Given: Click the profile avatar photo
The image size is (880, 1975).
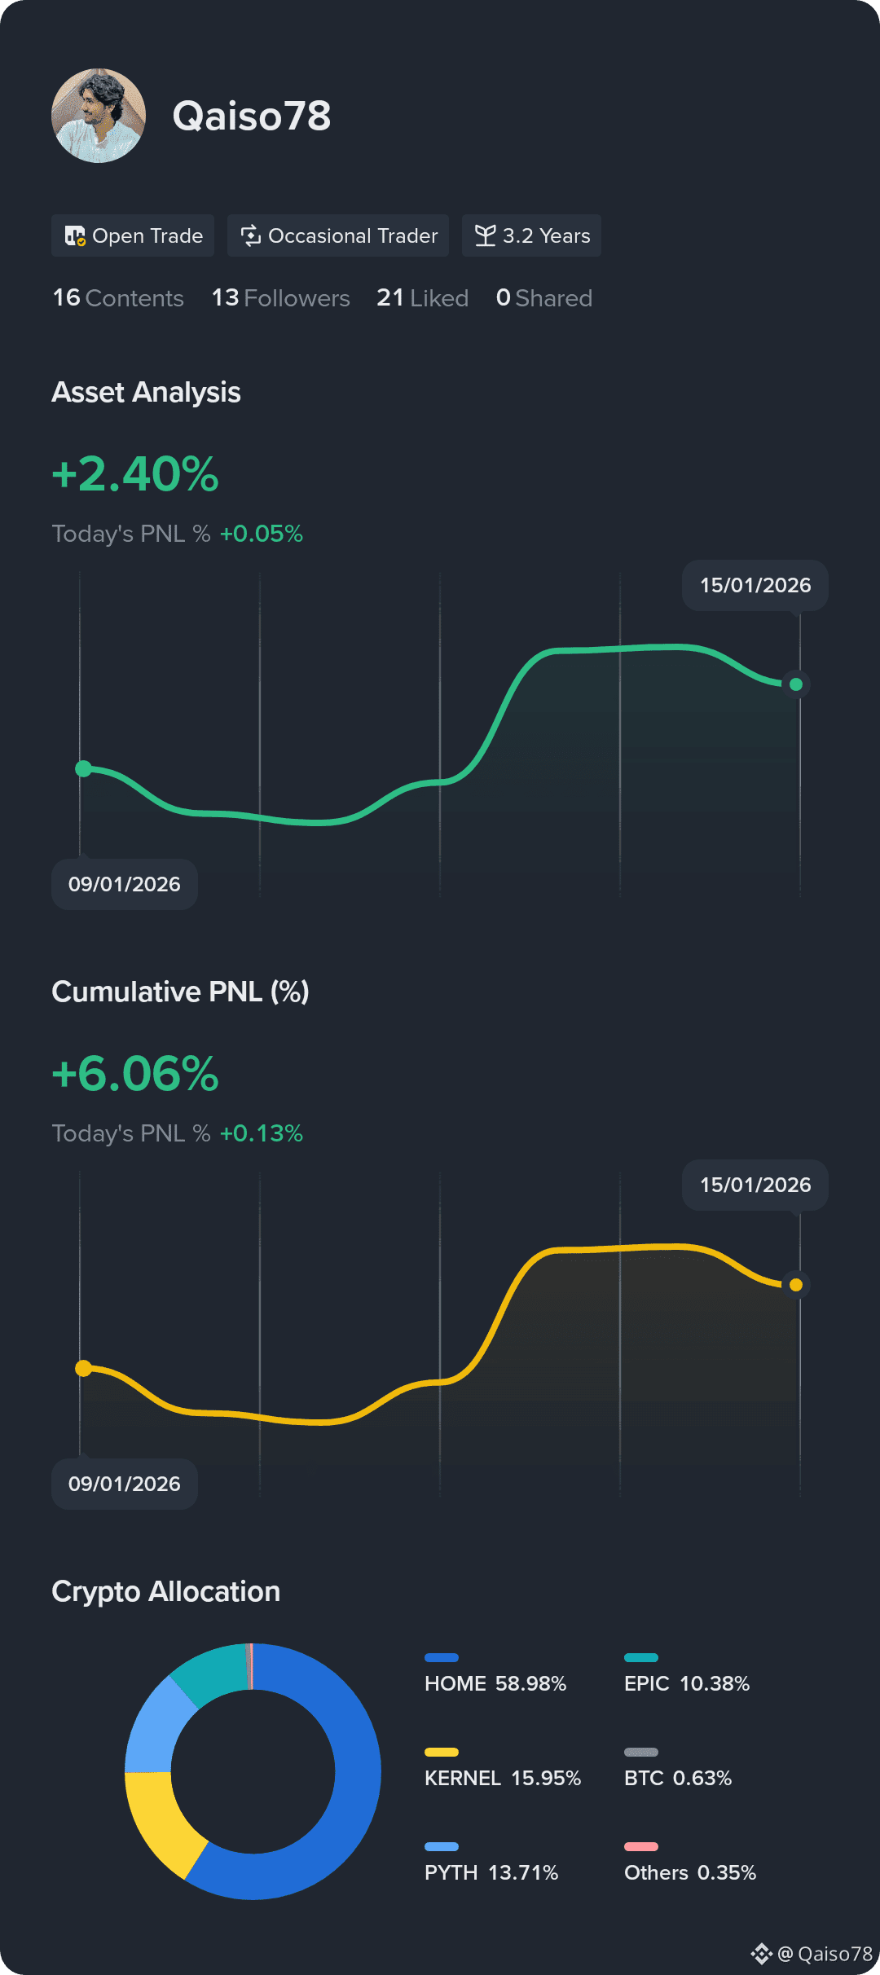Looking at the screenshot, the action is [x=99, y=116].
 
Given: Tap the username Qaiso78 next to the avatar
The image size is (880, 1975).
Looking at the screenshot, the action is [x=252, y=116].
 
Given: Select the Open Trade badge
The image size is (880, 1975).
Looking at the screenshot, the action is [x=133, y=235].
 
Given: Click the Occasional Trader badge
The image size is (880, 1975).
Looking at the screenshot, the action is [x=338, y=235].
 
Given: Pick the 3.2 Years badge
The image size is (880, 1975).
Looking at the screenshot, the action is [x=531, y=235].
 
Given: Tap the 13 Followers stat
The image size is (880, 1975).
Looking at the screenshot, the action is [x=281, y=298].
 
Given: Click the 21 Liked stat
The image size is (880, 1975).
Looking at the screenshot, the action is [x=422, y=298].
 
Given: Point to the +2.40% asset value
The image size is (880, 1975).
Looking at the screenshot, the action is [x=135, y=474].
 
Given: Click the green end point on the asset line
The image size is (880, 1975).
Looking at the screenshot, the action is [x=796, y=684].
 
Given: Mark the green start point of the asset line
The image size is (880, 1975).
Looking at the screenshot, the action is [x=83, y=768].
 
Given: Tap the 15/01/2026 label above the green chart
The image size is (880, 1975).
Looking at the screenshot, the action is [x=755, y=585].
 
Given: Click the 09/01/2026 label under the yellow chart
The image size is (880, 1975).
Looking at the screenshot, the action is [x=125, y=1484].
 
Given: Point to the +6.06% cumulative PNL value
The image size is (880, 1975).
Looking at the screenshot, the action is [x=135, y=1074].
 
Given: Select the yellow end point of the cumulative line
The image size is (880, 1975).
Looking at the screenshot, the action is [x=796, y=1285].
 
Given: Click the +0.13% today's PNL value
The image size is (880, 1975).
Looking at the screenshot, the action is [x=262, y=1133].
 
